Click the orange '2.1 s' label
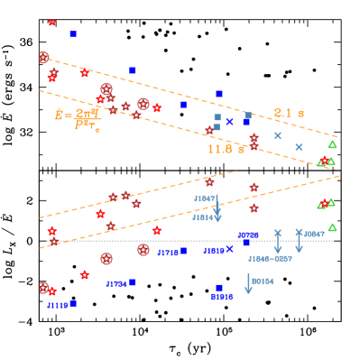(x=289, y=113)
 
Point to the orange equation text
(x=77, y=118)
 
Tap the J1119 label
(x=57, y=305)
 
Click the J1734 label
(x=115, y=283)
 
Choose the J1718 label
(x=168, y=253)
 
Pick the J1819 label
(x=214, y=250)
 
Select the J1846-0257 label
(x=270, y=258)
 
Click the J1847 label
(x=314, y=234)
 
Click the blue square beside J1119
(x=73, y=303)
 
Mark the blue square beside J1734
(x=133, y=282)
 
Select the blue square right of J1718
(x=184, y=251)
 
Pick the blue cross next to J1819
(x=230, y=249)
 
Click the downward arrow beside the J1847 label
(x=299, y=242)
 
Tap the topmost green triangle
(x=332, y=144)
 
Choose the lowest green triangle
(x=332, y=227)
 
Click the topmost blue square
(x=73, y=34)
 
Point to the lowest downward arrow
(x=248, y=284)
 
